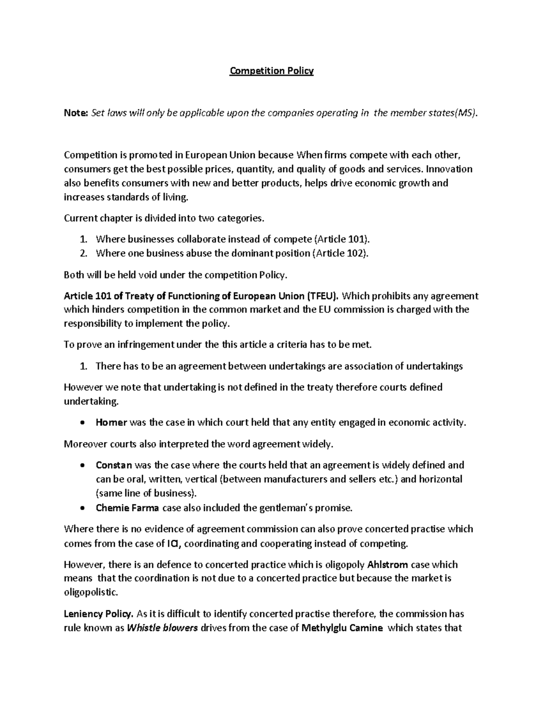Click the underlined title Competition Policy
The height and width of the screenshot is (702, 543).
271,71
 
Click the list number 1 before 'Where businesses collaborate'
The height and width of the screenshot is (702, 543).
83,239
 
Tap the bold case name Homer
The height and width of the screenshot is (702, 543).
111,423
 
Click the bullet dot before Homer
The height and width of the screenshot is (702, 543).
81,423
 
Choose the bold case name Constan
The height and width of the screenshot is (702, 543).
114,465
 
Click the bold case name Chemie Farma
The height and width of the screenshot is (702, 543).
127,508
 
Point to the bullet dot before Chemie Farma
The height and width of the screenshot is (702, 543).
81,508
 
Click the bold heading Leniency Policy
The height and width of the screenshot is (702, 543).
99,614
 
